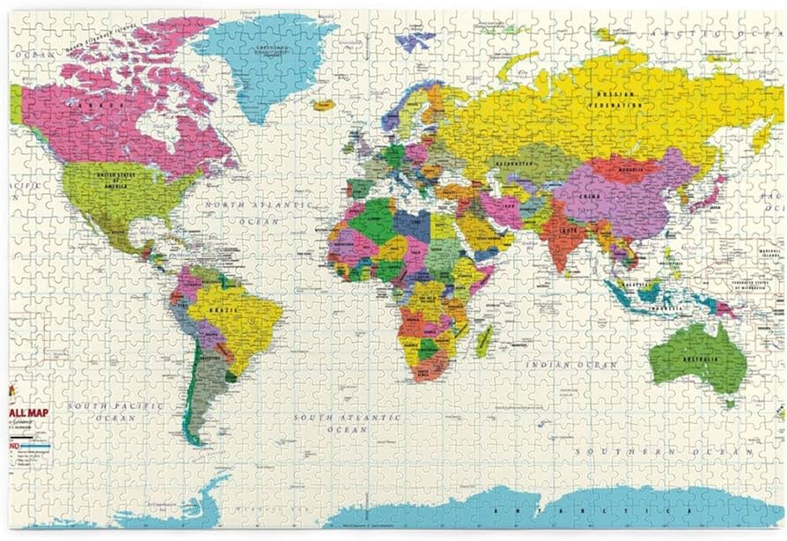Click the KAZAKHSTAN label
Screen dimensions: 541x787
point(511,164)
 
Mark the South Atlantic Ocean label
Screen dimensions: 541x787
point(348,423)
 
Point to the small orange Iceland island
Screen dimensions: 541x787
point(323,105)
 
